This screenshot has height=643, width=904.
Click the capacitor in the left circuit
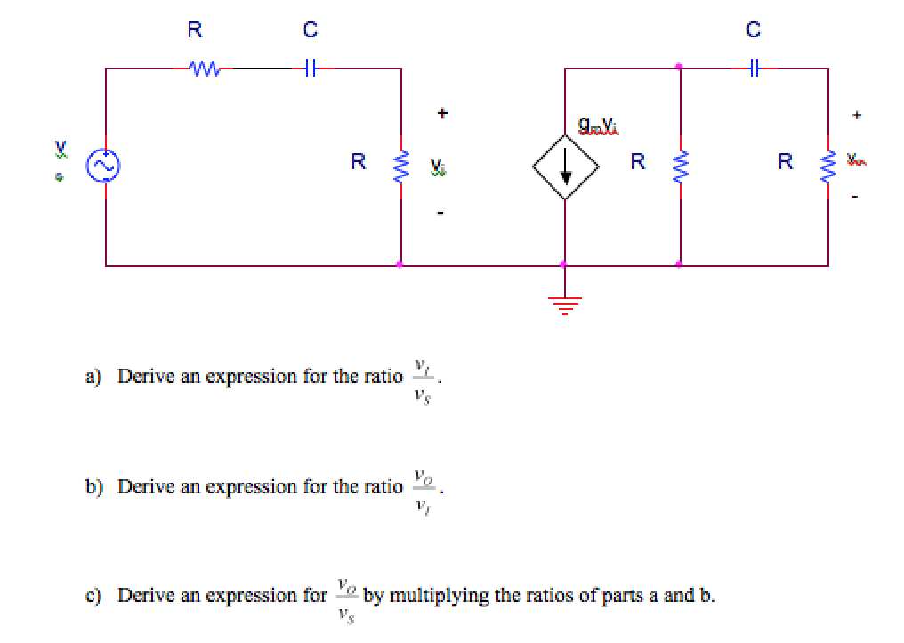pos(309,67)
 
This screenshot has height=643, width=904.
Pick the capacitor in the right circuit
pos(754,66)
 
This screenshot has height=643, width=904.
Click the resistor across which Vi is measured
pos(400,165)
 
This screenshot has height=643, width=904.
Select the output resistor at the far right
pos(827,165)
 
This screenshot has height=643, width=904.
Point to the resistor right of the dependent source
pos(680,165)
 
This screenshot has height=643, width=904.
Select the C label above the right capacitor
pos(754,30)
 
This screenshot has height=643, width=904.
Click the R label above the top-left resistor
pos(194,30)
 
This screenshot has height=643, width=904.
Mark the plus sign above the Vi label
pos(440,114)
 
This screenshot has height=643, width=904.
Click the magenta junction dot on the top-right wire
pos(680,66)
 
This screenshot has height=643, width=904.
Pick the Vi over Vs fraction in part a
pos(422,377)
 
